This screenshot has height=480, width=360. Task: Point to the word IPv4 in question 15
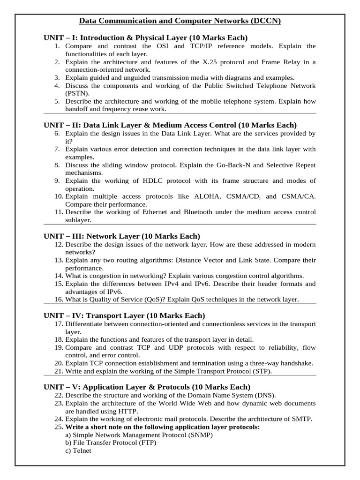tap(175, 284)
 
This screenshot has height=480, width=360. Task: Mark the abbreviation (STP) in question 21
tap(261, 371)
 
